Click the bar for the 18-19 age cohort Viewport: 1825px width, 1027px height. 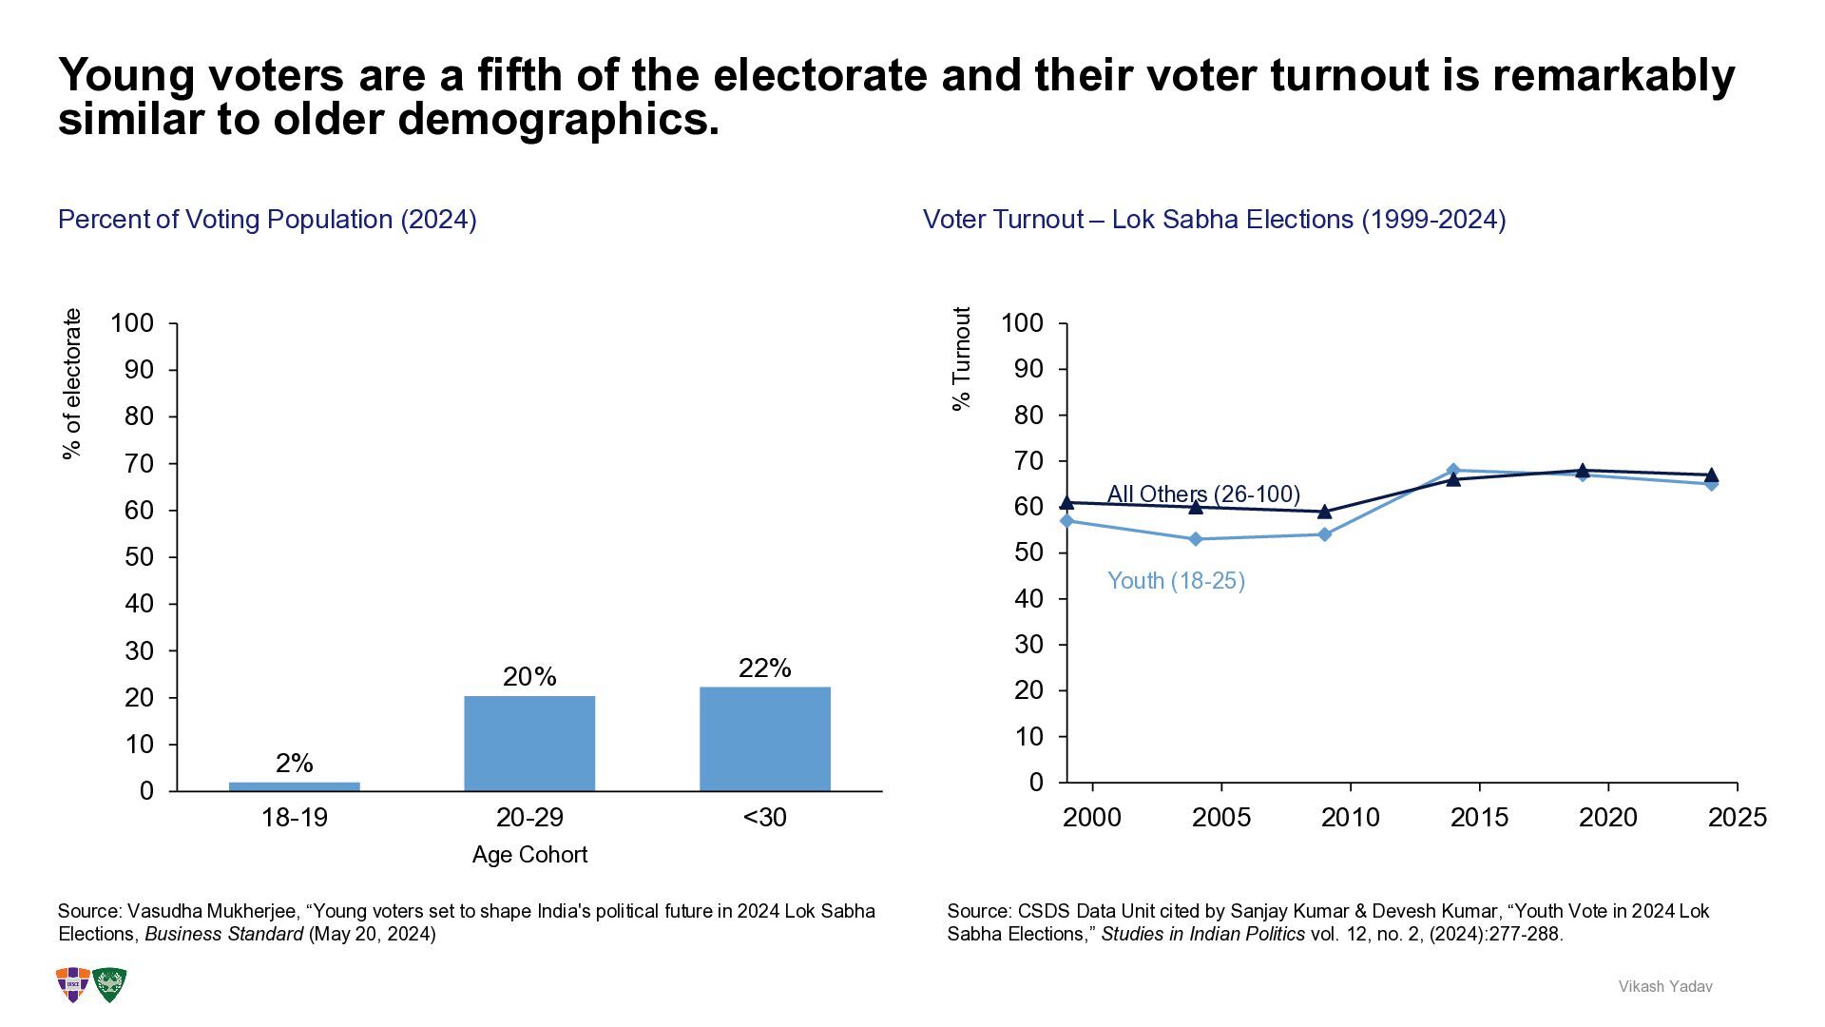tap(295, 786)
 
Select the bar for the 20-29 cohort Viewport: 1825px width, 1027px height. tap(529, 744)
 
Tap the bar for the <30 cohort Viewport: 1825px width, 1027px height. tap(765, 739)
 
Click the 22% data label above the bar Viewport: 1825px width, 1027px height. tap(765, 669)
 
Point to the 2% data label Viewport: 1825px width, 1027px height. tap(295, 763)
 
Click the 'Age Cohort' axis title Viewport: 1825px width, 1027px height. tap(529, 855)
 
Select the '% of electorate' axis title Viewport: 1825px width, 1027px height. tap(72, 384)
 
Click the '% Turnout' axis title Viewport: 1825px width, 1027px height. tap(962, 358)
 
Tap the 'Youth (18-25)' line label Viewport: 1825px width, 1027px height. tap(1176, 581)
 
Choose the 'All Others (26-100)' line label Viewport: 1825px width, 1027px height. tap(1203, 494)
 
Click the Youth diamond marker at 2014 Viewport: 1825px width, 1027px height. tap(1453, 470)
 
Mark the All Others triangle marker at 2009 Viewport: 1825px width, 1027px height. tap(1325, 512)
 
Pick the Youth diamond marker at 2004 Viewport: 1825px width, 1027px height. tap(1196, 539)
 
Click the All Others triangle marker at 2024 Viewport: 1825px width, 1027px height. tap(1711, 475)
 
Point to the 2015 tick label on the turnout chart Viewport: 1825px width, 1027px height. tap(1479, 818)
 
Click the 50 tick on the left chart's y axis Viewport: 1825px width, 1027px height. tap(139, 557)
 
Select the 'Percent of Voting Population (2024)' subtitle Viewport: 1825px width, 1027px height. tap(267, 220)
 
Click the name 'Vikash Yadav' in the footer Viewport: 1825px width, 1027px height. tap(1665, 987)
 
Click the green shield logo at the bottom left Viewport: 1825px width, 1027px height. tap(109, 984)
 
